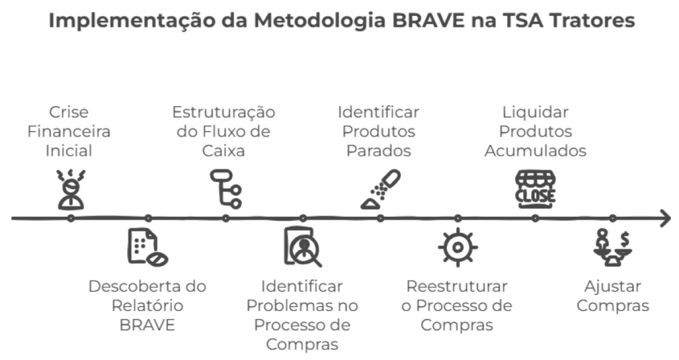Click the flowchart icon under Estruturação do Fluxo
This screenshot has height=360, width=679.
(x=225, y=189)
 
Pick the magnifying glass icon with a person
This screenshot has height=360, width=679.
(x=302, y=246)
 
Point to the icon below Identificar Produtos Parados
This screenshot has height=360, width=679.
(x=381, y=190)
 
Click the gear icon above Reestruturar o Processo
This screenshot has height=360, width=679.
(x=458, y=247)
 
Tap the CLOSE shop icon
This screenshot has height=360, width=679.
(x=535, y=190)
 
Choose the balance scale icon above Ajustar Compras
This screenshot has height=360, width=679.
(x=613, y=247)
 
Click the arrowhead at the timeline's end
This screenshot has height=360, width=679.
(x=665, y=218)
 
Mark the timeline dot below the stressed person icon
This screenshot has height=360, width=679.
(x=71, y=218)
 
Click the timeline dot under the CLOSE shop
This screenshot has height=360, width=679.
(x=535, y=218)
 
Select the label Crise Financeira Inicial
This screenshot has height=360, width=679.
(x=69, y=131)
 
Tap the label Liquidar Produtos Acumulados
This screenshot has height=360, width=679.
(x=535, y=131)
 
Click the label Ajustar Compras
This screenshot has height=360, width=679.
(x=613, y=296)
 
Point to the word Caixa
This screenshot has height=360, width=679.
(x=223, y=150)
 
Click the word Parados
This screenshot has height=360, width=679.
(x=379, y=150)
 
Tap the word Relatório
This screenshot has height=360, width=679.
(x=147, y=306)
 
